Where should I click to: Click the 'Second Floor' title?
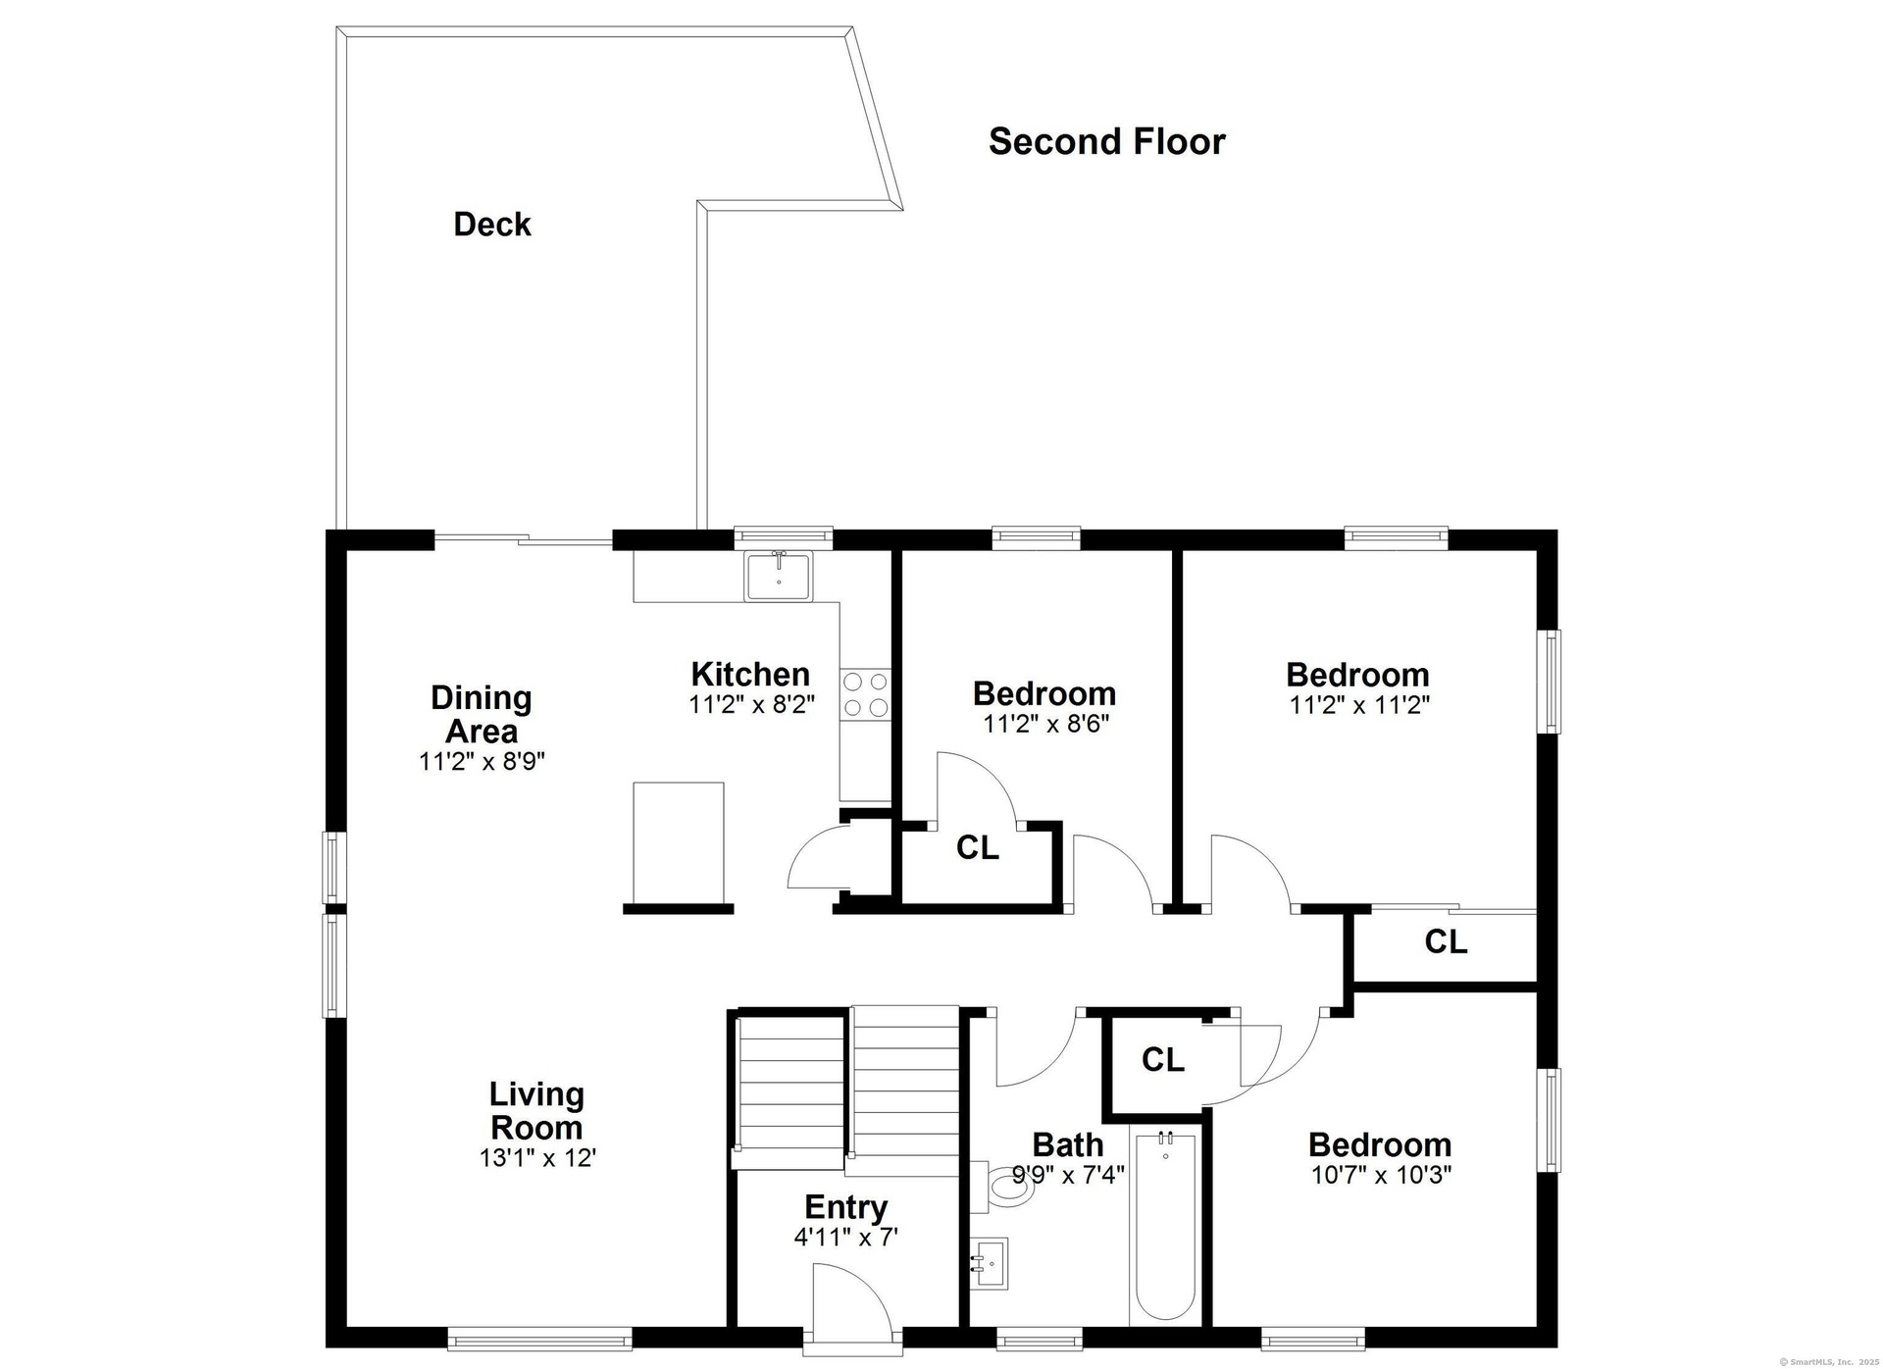click(1106, 141)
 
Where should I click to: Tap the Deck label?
click(492, 225)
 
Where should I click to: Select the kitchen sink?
click(778, 576)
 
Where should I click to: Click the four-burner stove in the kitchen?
click(865, 693)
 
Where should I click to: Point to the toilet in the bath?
click(1004, 1187)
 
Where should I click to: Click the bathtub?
click(1165, 1240)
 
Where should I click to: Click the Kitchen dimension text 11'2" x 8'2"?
click(751, 704)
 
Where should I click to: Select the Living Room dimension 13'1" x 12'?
click(537, 1157)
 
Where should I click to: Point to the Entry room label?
click(846, 1206)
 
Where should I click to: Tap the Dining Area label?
click(482, 714)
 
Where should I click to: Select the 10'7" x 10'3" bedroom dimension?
click(1381, 1174)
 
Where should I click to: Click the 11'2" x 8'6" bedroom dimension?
click(1045, 723)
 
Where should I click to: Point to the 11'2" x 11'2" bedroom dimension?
click(1358, 704)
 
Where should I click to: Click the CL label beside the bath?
click(1163, 1059)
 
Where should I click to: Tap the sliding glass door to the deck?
click(524, 538)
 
